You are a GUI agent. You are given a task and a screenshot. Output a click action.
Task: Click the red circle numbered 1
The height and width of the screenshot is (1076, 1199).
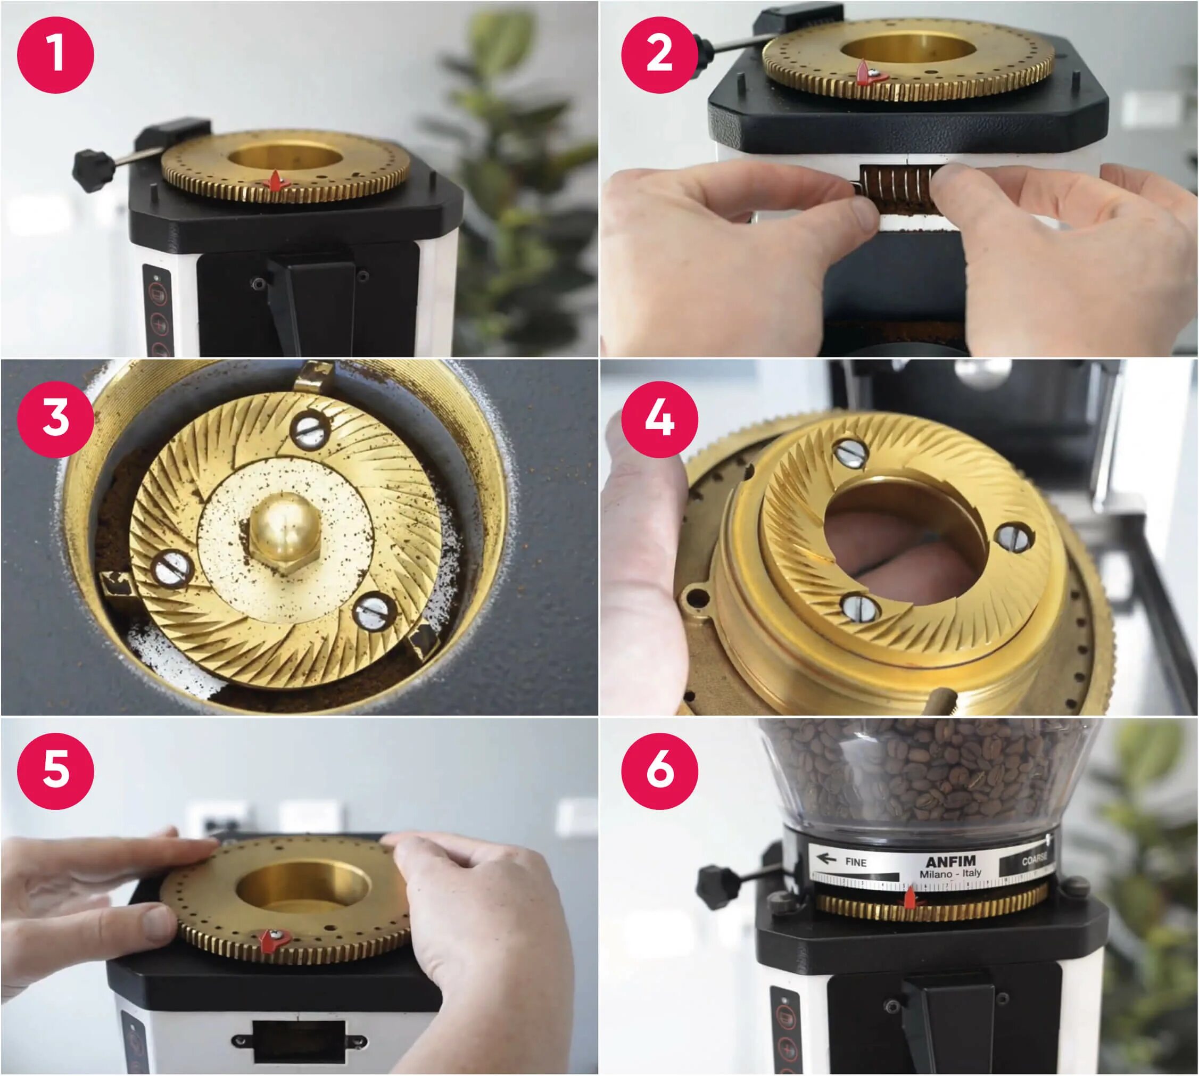tap(55, 54)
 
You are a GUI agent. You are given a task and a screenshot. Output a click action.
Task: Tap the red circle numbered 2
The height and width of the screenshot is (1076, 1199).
tap(660, 54)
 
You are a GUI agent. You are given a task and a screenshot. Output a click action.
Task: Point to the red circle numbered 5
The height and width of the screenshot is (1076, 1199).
tap(55, 771)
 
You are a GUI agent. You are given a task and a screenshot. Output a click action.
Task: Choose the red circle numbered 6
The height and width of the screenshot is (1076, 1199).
tap(660, 771)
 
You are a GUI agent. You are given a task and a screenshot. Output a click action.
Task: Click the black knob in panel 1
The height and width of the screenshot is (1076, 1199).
tap(94, 170)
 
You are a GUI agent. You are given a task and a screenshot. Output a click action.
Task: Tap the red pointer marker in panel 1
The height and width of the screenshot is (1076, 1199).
tap(276, 181)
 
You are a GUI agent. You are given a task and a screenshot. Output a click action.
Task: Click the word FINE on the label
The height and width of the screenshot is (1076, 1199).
tap(856, 862)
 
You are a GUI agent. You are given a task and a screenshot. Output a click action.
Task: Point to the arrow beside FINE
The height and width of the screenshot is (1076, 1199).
tap(826, 858)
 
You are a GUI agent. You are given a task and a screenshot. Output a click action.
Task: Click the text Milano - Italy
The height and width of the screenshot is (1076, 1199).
tap(950, 873)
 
